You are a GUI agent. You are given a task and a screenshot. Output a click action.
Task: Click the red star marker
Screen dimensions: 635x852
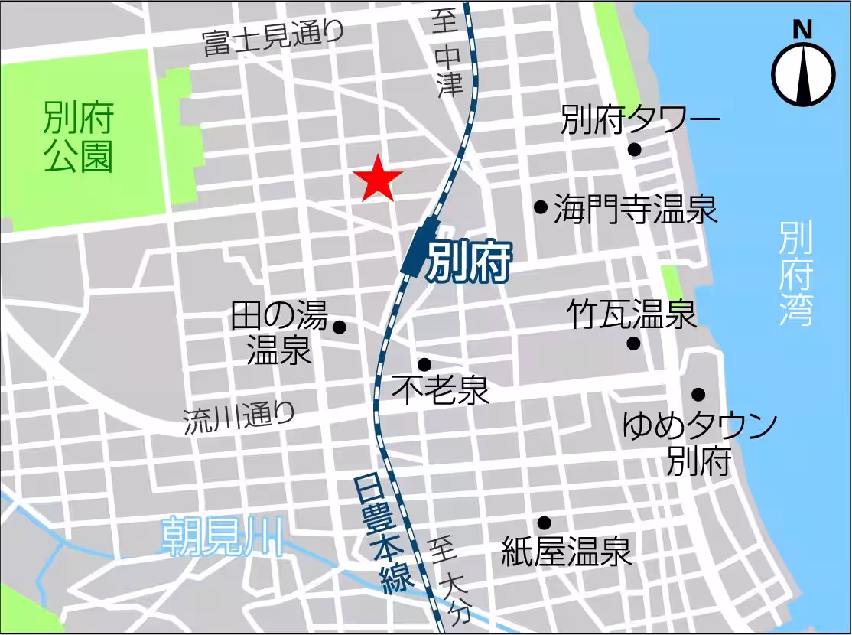[378, 179]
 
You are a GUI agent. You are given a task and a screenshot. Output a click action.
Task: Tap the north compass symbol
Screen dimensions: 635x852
[802, 73]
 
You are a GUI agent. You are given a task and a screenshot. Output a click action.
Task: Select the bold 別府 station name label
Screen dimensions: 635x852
[468, 262]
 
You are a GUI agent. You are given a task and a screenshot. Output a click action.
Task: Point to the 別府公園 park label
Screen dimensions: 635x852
[78, 138]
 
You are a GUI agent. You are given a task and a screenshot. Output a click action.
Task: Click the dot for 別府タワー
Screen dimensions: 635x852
[634, 149]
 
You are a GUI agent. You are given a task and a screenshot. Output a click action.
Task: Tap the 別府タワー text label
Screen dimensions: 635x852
[640, 120]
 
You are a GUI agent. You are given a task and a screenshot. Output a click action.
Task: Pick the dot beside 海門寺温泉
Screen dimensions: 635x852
[540, 206]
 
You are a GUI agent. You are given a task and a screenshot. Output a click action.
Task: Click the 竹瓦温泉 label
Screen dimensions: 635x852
[632, 314]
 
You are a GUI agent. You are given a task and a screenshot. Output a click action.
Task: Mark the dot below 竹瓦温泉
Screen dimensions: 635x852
[633, 343]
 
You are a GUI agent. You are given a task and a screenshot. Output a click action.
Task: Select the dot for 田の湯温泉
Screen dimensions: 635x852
[340, 327]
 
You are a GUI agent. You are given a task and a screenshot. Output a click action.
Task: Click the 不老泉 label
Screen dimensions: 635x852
[441, 391]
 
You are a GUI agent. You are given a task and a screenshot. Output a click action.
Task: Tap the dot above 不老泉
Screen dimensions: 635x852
[424, 364]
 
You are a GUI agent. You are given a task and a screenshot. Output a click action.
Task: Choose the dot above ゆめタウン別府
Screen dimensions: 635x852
[698, 394]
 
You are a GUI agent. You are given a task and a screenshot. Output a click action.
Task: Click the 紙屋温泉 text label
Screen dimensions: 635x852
[566, 551]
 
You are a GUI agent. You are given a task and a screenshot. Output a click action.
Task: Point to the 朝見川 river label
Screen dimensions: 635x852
[223, 535]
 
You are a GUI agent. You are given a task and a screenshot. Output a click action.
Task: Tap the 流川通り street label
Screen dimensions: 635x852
[239, 419]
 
